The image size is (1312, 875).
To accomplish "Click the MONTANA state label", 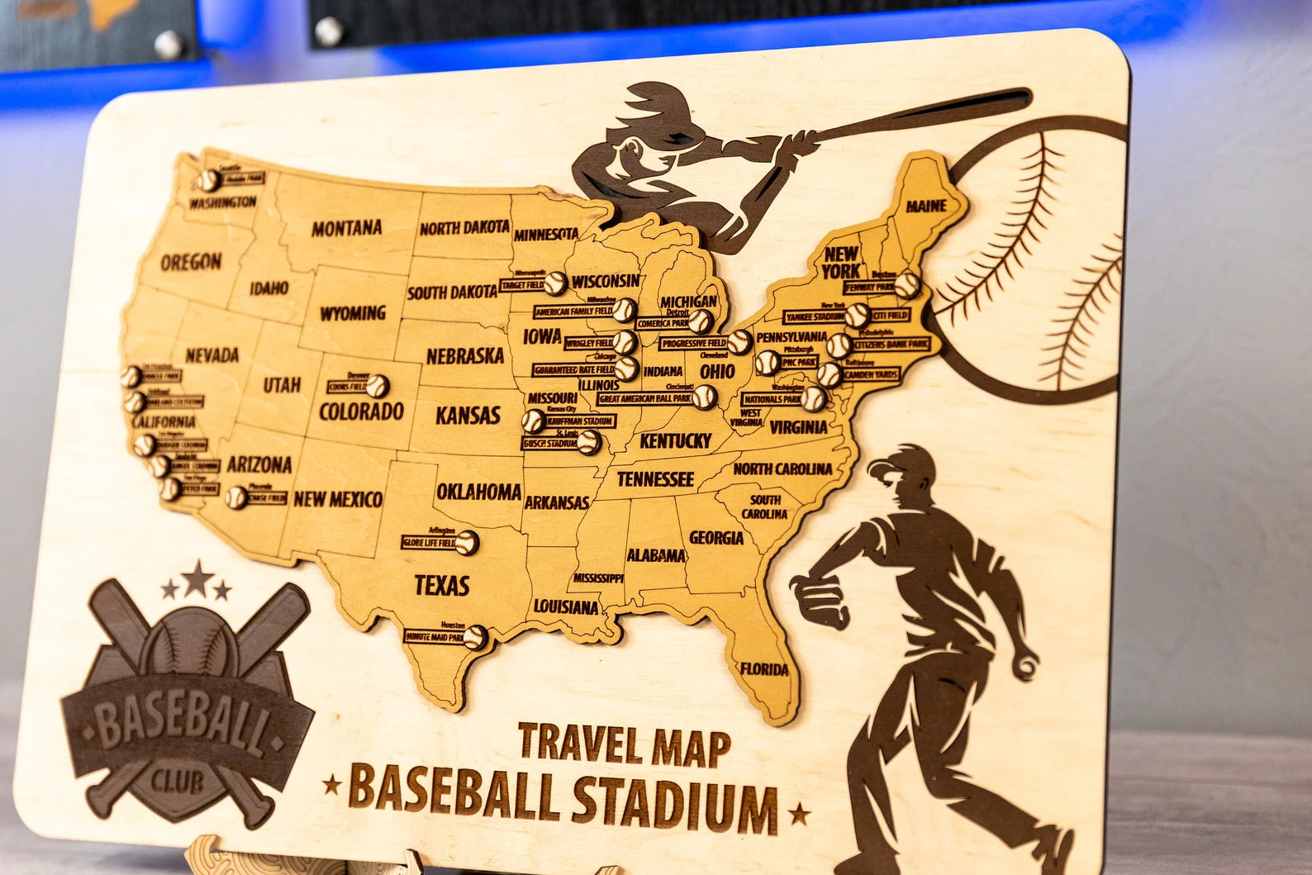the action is [346, 227].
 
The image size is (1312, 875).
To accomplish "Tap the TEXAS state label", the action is [442, 586].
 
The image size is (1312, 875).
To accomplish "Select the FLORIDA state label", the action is [763, 668].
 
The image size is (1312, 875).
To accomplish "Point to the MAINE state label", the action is [926, 206].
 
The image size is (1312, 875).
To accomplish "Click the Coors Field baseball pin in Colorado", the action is [377, 385].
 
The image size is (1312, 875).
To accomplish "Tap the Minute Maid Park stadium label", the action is [433, 638].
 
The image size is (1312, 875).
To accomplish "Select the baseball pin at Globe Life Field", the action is [467, 542].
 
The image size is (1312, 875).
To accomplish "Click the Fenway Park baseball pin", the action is [907, 285].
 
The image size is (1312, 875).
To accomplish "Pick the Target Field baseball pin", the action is [554, 283].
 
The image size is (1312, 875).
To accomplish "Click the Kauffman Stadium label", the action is [579, 422].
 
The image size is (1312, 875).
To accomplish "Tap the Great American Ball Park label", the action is [645, 398].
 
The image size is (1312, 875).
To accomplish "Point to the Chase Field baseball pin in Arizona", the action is [237, 497].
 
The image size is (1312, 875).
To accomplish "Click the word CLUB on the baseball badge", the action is [178, 781].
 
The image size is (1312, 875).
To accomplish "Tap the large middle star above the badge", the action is [197, 579].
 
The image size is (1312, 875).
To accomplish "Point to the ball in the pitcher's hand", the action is [1026, 665].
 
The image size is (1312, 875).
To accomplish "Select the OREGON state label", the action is [191, 263].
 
